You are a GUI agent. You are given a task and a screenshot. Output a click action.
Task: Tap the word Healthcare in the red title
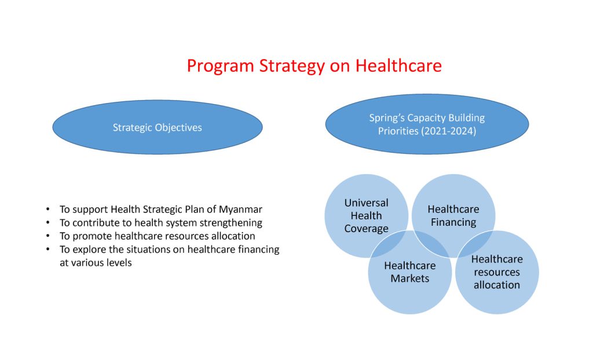[398, 65]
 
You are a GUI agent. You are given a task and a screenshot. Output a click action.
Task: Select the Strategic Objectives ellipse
[158, 127]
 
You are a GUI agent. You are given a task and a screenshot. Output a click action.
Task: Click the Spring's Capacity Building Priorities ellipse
[427, 124]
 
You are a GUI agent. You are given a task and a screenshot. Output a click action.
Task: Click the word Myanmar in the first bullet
[240, 209]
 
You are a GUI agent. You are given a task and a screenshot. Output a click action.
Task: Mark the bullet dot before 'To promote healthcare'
[47, 236]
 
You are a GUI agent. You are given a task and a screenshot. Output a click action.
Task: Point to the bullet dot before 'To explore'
[47, 249]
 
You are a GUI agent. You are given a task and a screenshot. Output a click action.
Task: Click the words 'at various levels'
[96, 262]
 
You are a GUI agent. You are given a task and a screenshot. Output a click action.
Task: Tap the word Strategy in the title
[292, 66]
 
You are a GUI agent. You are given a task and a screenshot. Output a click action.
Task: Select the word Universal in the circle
[366, 203]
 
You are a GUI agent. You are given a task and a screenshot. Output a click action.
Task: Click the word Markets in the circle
[409, 278]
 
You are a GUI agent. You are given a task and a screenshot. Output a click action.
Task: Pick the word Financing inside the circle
[453, 222]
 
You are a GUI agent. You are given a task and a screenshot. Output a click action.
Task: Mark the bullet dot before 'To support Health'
[47, 209]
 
